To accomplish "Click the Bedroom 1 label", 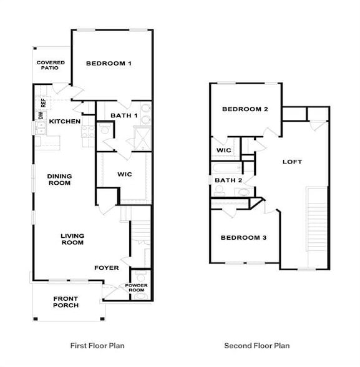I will point(109,63).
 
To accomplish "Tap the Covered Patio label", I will point(51,65).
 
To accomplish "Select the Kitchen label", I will point(65,121).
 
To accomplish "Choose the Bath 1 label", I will point(124,115).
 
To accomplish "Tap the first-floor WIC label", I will point(125,174).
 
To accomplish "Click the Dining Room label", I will point(59,180).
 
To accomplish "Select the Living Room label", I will point(72,239).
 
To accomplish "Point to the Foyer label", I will point(106,268).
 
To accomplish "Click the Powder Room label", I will point(137,288).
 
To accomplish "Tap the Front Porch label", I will point(66,302).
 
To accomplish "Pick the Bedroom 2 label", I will point(245,109).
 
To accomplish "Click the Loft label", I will point(292,162).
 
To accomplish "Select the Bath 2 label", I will point(228,180).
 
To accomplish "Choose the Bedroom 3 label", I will point(244,238).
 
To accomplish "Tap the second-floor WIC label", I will point(224,150).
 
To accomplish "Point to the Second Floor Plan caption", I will point(257,345).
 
